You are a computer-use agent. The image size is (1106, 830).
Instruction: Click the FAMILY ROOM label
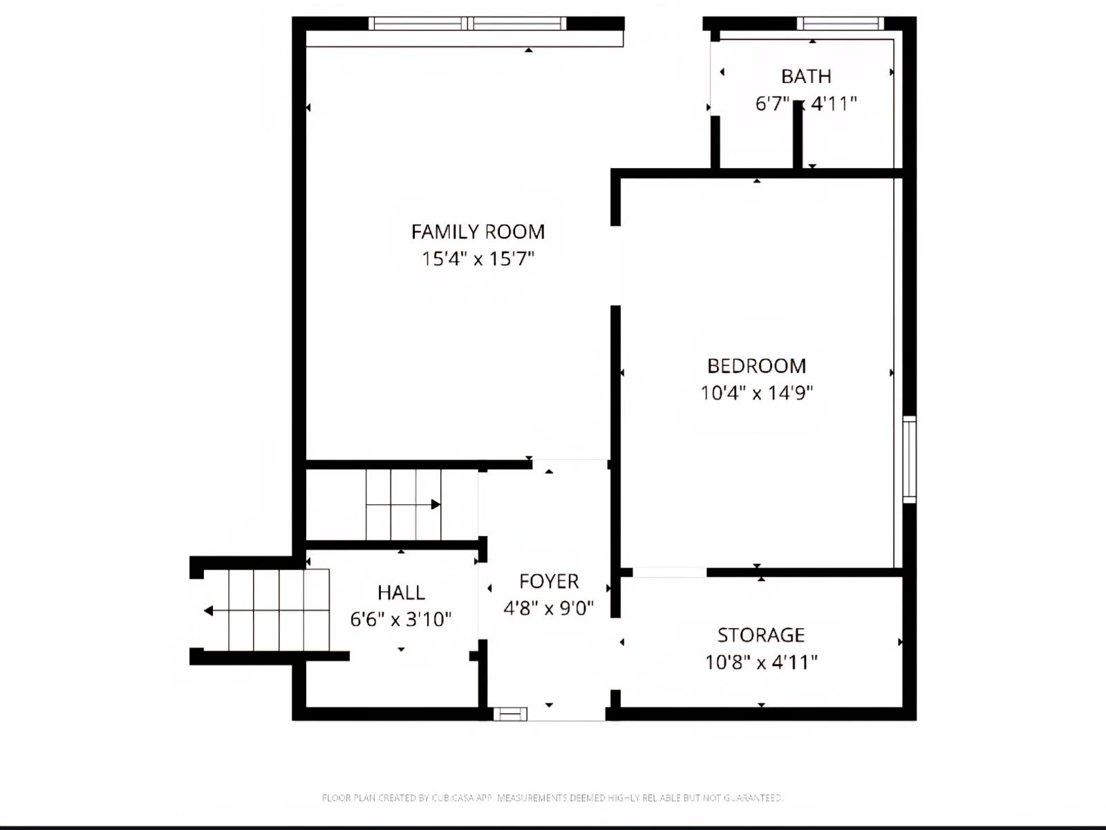pyautogui.click(x=478, y=232)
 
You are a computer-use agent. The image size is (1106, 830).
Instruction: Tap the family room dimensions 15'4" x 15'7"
pyautogui.click(x=478, y=259)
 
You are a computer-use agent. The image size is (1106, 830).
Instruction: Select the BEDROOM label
pyautogui.click(x=756, y=366)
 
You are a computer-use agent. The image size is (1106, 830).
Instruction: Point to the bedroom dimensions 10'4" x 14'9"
pyautogui.click(x=756, y=393)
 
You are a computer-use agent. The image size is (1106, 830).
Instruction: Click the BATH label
pyautogui.click(x=806, y=76)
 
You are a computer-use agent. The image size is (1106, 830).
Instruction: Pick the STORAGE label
pyautogui.click(x=760, y=635)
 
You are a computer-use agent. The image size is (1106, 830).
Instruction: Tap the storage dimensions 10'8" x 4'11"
pyautogui.click(x=760, y=662)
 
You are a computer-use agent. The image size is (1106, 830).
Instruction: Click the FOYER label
pyautogui.click(x=549, y=581)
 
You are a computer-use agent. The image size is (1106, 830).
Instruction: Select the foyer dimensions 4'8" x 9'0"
pyautogui.click(x=549, y=608)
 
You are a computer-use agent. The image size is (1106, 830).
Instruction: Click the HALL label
pyautogui.click(x=401, y=593)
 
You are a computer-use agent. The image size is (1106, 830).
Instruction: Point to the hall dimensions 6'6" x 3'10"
pyautogui.click(x=401, y=619)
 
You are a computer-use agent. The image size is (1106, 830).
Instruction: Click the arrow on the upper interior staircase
pyautogui.click(x=435, y=504)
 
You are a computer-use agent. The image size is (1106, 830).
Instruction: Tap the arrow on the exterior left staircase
pyautogui.click(x=209, y=611)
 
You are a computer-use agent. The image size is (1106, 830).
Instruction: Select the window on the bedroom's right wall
pyautogui.click(x=910, y=459)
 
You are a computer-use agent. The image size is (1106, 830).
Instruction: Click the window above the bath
pyautogui.click(x=840, y=24)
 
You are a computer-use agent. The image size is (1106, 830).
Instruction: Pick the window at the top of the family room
pyautogui.click(x=467, y=24)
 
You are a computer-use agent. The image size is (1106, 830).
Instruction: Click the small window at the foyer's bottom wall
pyautogui.click(x=510, y=714)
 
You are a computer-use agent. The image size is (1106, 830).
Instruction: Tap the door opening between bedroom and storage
pyautogui.click(x=669, y=572)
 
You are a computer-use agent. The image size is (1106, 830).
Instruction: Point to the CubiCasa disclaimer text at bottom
pyautogui.click(x=552, y=797)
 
